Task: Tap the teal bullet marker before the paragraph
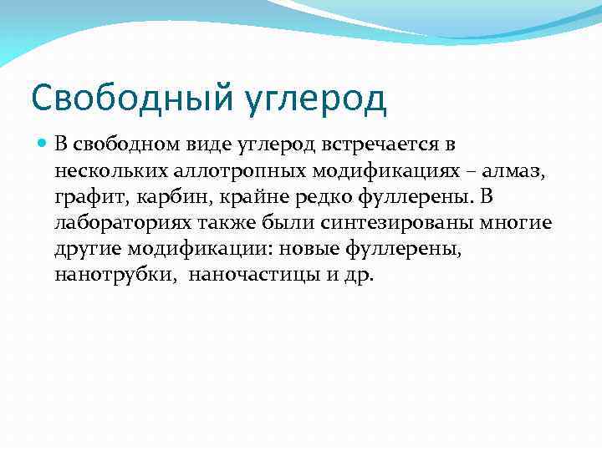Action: click(x=43, y=144)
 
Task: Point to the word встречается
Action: click(x=373, y=144)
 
